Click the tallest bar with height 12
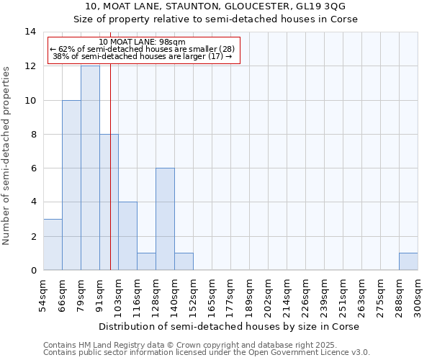90,168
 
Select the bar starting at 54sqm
53,244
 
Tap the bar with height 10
71,185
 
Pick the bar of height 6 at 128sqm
165,219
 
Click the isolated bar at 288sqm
408,261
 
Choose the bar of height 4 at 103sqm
127,236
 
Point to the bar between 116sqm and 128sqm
146,261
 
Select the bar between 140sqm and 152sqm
184,261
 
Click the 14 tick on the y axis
30,32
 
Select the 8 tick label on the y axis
33,135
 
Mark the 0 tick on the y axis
33,271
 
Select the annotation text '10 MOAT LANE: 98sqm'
143,42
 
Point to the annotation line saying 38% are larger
143,56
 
